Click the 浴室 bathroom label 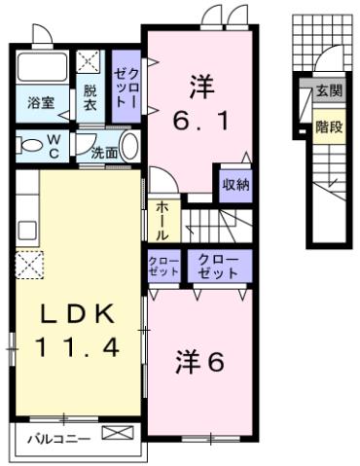click(40, 101)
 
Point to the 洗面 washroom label click(104, 153)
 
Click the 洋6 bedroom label click(200, 361)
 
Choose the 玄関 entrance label click(328, 92)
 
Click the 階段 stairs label click(328, 127)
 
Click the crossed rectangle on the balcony click(116, 435)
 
